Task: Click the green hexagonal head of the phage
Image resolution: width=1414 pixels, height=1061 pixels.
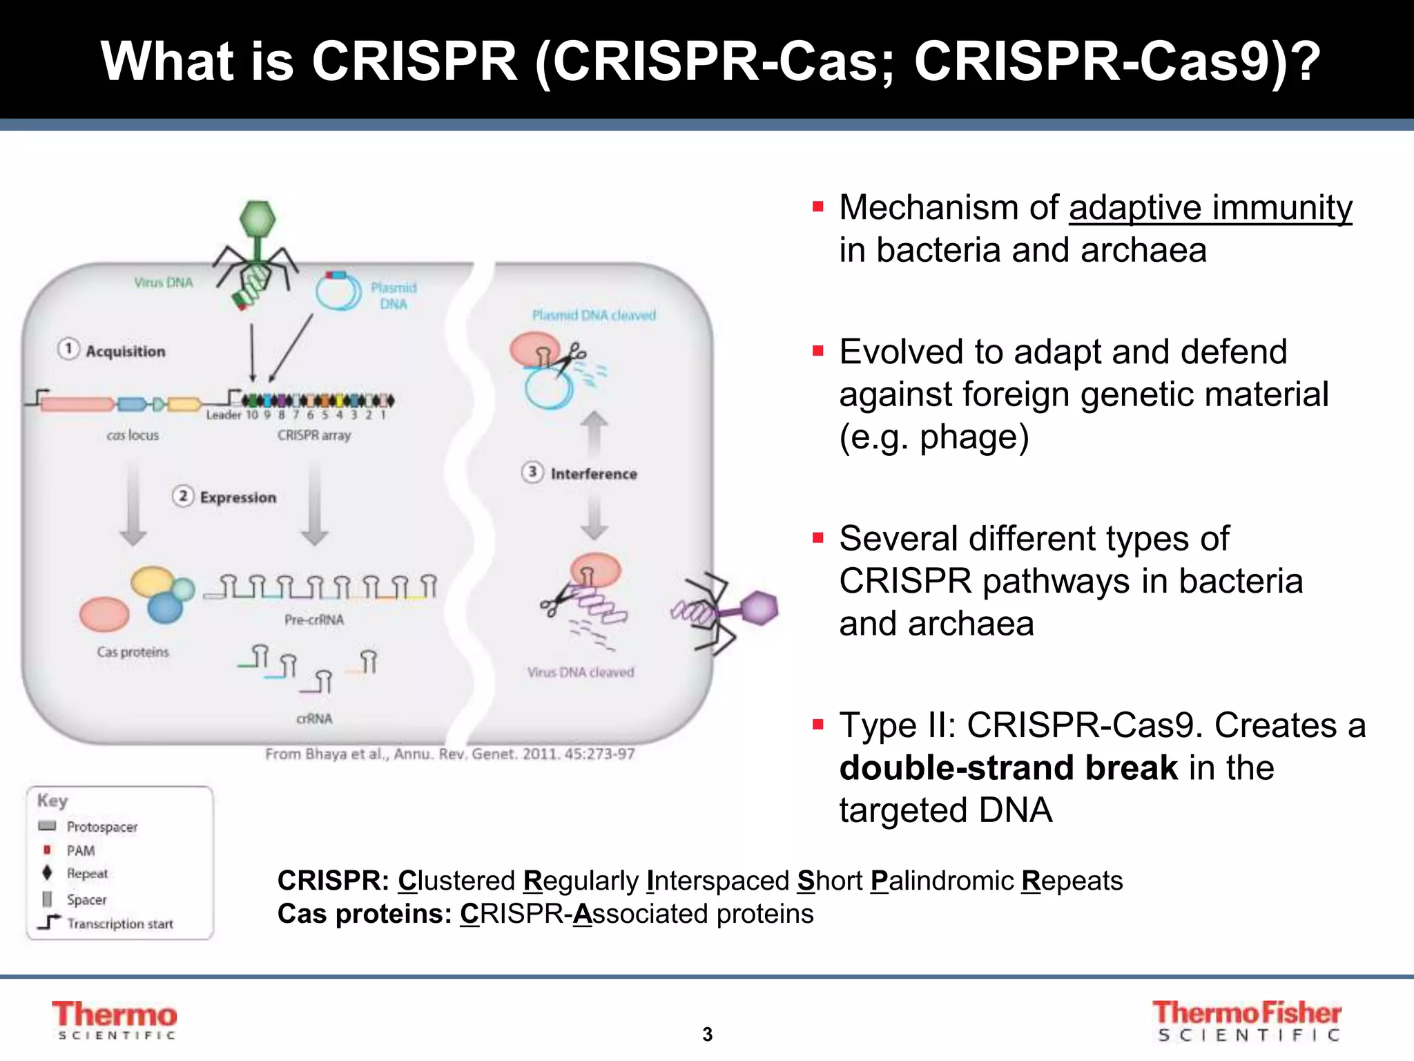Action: click(258, 220)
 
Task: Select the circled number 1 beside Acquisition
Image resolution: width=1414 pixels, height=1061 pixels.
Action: click(68, 349)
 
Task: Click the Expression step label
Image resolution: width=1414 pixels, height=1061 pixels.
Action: click(238, 497)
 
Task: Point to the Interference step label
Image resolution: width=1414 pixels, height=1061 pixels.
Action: click(593, 474)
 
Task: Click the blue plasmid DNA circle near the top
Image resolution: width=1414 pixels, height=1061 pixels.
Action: click(338, 293)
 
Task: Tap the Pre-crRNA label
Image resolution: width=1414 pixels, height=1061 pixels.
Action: click(314, 620)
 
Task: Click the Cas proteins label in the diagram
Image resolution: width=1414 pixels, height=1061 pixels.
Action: click(133, 652)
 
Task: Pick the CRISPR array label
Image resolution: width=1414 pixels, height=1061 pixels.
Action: click(314, 435)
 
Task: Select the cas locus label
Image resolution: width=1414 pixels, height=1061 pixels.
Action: click(133, 435)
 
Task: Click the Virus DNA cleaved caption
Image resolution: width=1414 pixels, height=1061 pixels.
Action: click(581, 672)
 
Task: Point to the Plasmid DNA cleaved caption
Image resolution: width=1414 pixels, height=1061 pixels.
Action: click(594, 315)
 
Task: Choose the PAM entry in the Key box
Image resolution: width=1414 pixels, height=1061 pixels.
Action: click(80, 850)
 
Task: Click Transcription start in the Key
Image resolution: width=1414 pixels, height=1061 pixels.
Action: click(120, 924)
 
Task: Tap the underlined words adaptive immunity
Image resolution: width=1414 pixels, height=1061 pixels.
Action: click(1210, 207)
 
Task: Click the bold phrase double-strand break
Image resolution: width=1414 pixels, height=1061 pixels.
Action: click(1008, 768)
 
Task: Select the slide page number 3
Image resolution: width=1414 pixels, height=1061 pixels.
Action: click(707, 1034)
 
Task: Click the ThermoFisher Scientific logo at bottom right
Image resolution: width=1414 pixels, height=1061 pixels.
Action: click(1247, 1021)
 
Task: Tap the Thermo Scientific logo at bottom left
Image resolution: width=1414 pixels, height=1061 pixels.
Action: click(115, 1020)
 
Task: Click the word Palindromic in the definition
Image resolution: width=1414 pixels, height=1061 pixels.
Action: click(942, 881)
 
